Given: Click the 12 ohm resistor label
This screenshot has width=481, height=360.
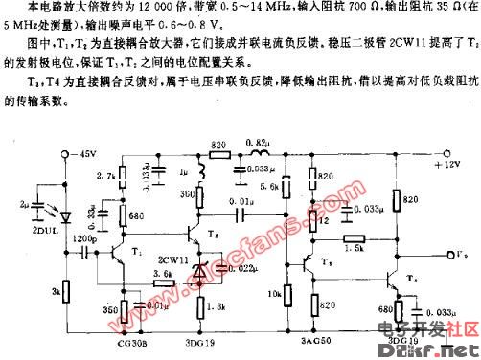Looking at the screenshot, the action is coord(325,219).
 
